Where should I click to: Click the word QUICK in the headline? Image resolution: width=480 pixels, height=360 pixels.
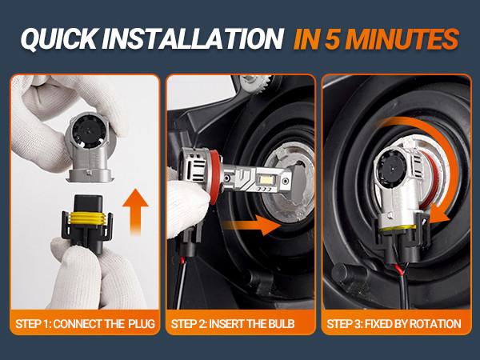click(x=59, y=38)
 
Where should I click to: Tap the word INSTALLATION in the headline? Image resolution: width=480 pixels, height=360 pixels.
click(x=193, y=38)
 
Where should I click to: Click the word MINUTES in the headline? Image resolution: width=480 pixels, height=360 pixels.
click(x=403, y=39)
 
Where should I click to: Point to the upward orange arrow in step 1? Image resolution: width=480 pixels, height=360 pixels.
click(x=136, y=211)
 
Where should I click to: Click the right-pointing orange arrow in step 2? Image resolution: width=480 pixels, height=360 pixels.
click(x=252, y=225)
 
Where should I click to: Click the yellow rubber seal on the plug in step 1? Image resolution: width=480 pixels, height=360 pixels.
click(x=88, y=218)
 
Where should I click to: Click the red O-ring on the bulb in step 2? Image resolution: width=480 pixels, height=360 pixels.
click(x=215, y=175)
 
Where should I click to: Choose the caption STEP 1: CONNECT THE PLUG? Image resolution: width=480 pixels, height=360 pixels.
click(x=85, y=323)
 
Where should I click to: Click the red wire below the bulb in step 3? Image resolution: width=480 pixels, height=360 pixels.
click(x=399, y=269)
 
